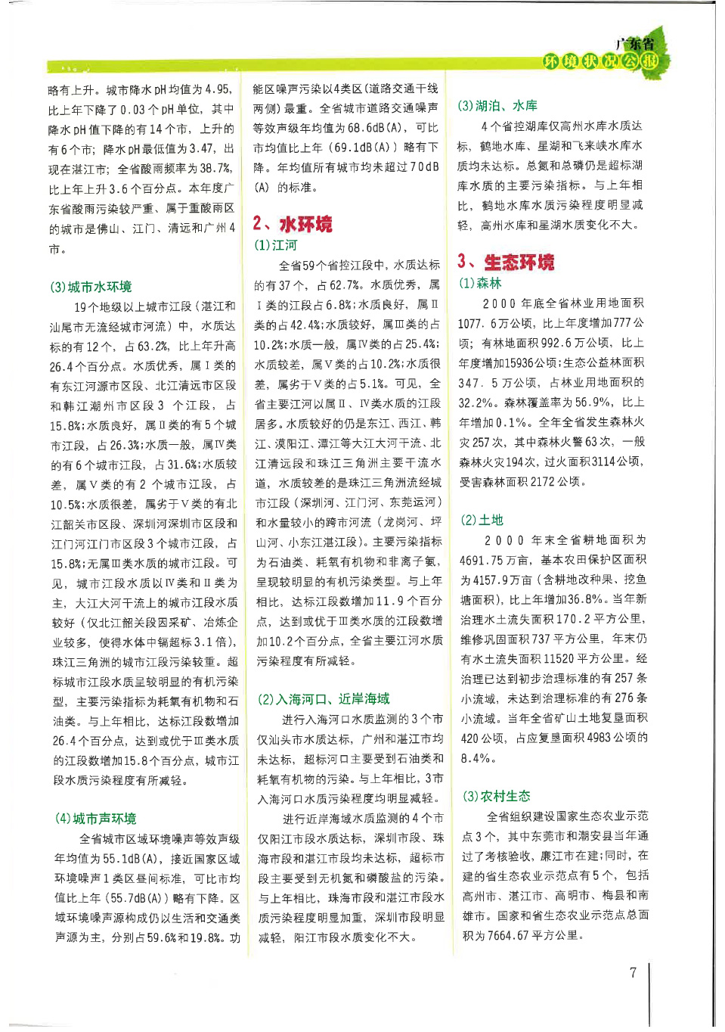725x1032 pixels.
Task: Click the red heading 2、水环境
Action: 293,224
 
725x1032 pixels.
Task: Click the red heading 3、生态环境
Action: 506,263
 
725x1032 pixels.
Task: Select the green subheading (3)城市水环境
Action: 91,287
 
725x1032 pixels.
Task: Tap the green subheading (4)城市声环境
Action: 95,819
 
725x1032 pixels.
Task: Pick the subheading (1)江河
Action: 276,245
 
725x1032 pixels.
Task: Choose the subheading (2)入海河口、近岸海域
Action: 324,699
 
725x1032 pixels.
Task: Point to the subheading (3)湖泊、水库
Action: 497,105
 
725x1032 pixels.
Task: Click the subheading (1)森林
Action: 481,283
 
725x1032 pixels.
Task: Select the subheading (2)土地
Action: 482,520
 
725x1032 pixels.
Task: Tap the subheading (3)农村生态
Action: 497,796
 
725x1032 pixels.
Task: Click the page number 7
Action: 634,973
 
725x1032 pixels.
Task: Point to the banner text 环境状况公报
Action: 601,61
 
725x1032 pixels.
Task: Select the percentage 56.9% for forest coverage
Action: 592,403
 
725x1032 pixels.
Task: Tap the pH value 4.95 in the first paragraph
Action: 218,90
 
